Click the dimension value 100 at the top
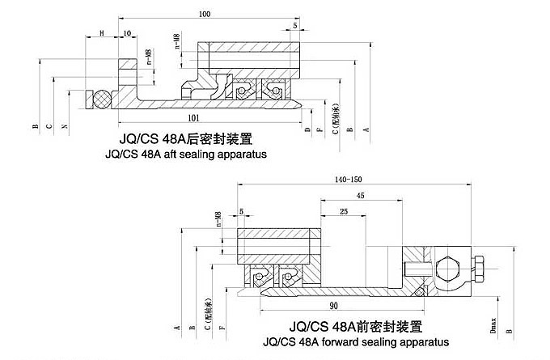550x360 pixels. (204, 14)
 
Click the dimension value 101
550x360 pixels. (193, 118)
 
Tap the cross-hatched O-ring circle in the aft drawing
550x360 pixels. (101, 100)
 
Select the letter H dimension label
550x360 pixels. (102, 32)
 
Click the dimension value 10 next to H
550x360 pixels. (127, 32)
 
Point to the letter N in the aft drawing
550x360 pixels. (65, 126)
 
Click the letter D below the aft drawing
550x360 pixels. (308, 129)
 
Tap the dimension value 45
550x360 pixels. (360, 195)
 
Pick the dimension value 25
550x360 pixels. (345, 211)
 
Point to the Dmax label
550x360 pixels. (493, 324)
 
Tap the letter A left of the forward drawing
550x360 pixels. (176, 328)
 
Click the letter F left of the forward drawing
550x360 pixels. (222, 328)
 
